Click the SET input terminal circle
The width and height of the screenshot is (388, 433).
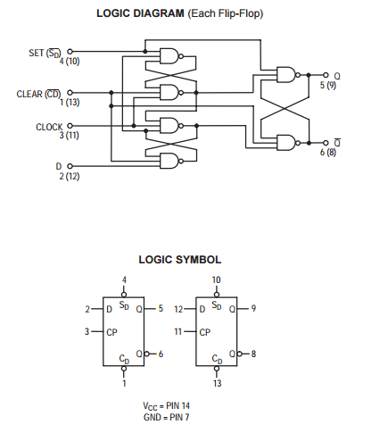point(70,52)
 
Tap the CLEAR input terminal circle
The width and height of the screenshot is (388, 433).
point(70,93)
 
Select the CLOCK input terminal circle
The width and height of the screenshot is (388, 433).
point(70,126)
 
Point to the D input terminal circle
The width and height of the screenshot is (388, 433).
point(70,166)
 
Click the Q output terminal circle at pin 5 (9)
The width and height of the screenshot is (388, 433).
point(326,75)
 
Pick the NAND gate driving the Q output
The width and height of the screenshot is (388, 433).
point(288,75)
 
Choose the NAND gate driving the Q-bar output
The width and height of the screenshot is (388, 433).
point(288,143)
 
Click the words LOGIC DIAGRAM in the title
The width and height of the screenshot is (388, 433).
point(140,13)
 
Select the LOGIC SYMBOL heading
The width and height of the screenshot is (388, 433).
point(180,260)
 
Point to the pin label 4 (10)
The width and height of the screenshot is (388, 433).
point(70,62)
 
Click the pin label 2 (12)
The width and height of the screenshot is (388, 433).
point(70,176)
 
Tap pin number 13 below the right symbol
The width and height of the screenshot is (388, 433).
point(217,383)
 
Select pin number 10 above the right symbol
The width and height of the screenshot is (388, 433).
point(216,280)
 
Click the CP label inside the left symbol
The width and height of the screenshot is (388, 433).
point(111,332)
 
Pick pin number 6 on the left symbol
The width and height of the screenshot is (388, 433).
point(161,354)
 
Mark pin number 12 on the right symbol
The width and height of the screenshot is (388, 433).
point(178,309)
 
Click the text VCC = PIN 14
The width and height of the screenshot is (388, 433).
point(166,406)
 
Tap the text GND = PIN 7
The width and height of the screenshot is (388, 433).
point(166,417)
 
